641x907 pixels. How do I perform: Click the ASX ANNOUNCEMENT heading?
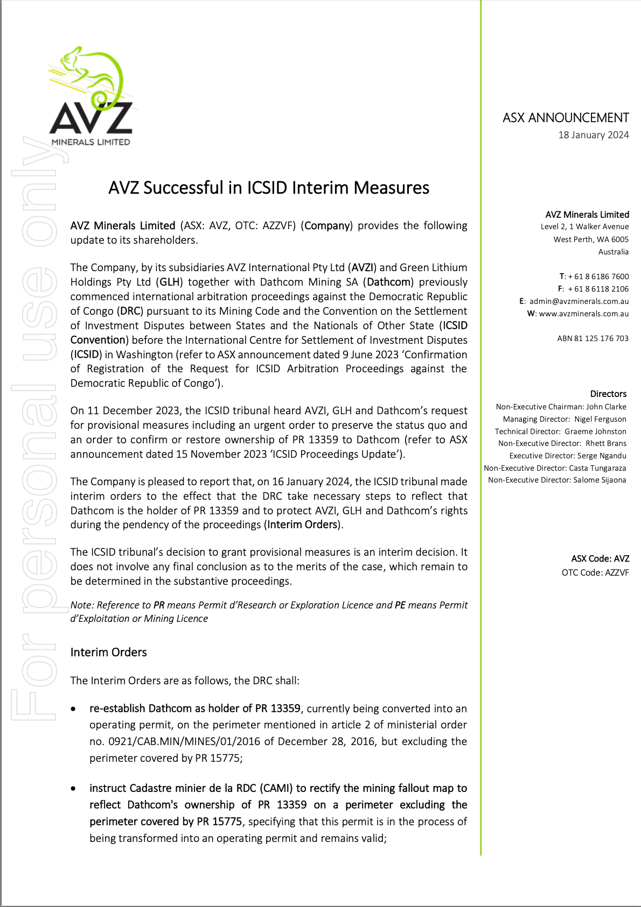click(566, 118)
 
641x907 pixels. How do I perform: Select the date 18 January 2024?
click(593, 135)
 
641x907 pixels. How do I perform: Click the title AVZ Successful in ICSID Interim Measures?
click(269, 188)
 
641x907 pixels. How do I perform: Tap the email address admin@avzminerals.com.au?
click(579, 301)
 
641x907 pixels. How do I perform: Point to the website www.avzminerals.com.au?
click(584, 314)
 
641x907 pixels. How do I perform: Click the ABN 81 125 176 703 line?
click(593, 338)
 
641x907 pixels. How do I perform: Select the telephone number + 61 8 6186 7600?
click(598, 277)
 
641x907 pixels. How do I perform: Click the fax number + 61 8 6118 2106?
click(598, 289)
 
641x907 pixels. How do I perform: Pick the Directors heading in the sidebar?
click(608, 394)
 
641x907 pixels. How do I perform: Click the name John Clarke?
click(606, 407)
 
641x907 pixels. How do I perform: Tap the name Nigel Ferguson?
click(600, 419)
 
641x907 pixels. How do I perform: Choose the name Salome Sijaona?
click(600, 480)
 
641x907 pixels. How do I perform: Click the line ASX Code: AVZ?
click(600, 559)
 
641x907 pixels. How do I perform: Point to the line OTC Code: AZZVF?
click(595, 572)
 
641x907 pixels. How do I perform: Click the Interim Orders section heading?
click(108, 653)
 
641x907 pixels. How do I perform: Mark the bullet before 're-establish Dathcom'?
click(74, 709)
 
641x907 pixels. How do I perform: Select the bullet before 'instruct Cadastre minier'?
click(74, 789)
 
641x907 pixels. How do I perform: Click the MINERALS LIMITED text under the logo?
click(90, 142)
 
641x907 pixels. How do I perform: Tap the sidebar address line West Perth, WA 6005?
click(591, 239)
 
